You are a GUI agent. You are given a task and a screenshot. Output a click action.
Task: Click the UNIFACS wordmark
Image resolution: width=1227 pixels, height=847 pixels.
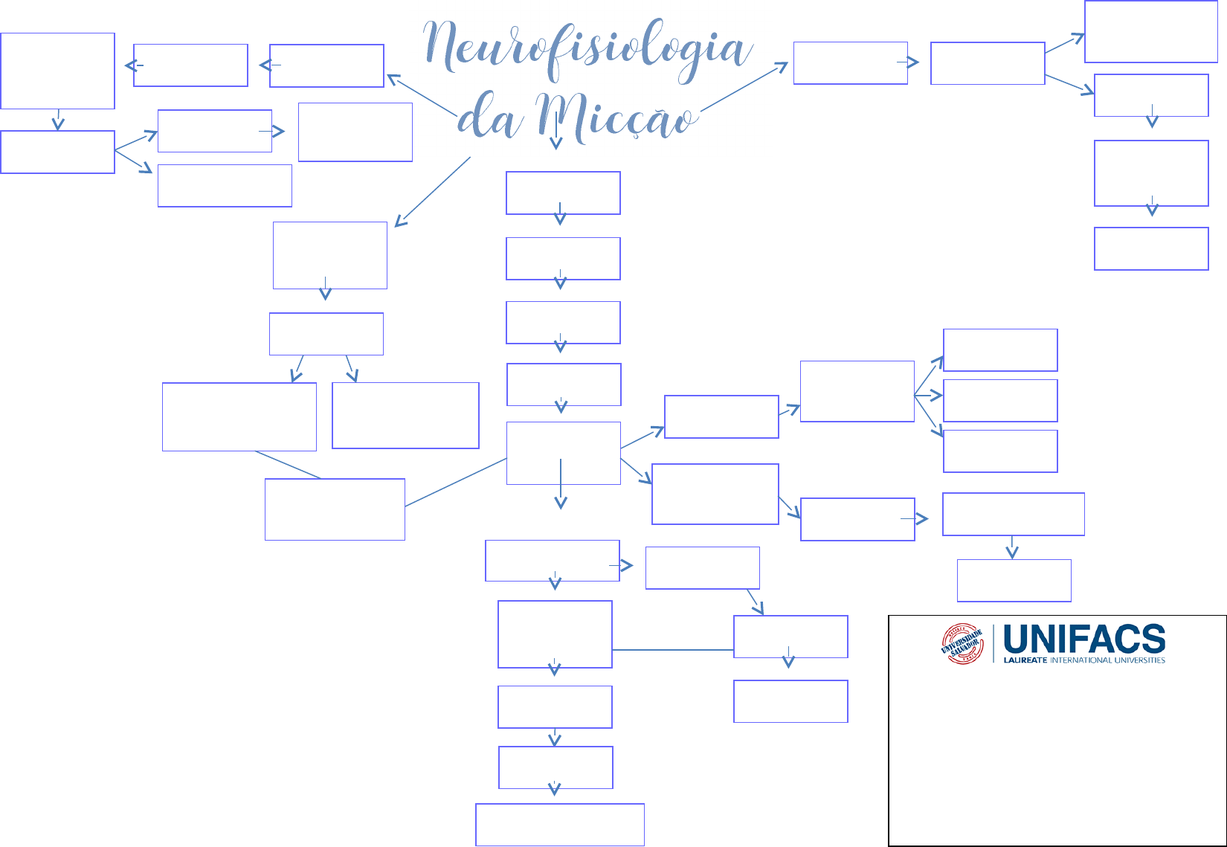point(1084,640)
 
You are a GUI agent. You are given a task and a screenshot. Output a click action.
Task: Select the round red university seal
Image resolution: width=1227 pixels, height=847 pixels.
point(962,644)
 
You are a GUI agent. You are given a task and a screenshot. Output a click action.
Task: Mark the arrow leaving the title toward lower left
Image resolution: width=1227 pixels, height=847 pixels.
point(433,191)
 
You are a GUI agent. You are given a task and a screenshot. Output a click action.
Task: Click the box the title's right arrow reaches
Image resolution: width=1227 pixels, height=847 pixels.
point(850,63)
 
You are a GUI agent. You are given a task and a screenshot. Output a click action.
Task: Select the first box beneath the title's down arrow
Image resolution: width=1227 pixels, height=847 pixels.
point(563,193)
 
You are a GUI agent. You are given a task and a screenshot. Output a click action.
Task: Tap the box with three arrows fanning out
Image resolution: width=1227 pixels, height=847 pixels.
point(857,391)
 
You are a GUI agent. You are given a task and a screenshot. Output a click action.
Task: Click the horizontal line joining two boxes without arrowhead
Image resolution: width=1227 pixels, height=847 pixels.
point(673,650)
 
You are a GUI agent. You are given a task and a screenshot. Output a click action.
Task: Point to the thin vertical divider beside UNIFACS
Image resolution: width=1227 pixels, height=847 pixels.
point(994,644)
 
